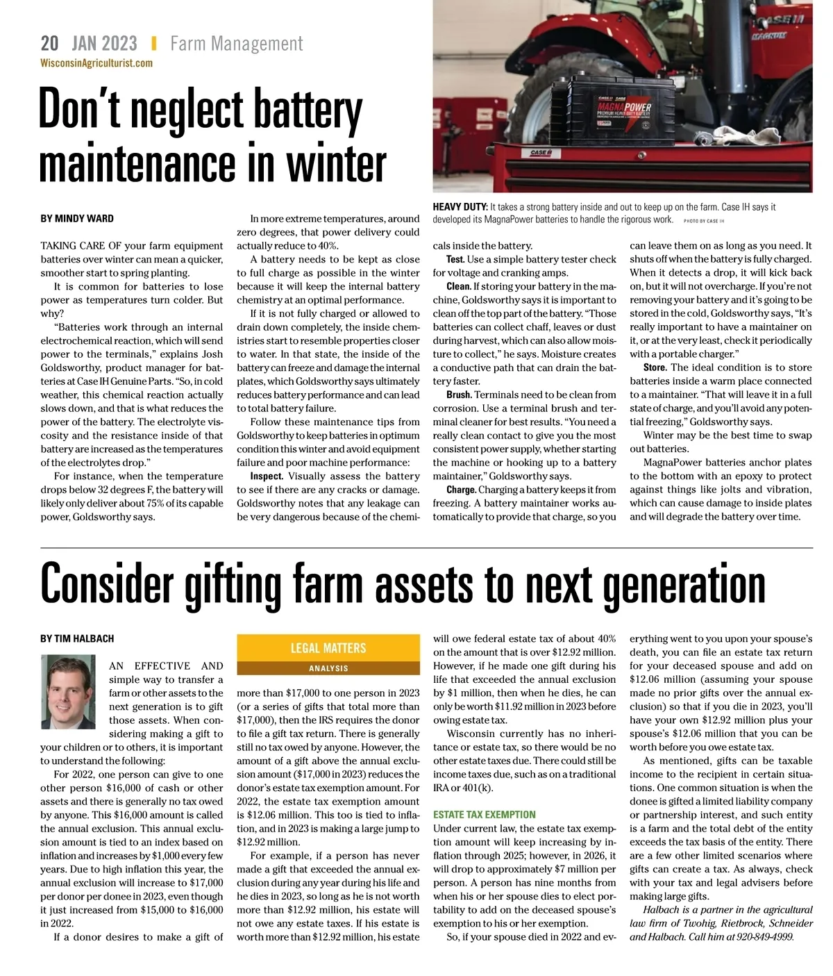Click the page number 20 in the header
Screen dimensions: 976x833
[49, 44]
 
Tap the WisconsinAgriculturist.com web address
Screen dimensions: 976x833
[96, 63]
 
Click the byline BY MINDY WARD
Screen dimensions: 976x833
[77, 218]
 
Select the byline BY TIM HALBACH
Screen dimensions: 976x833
[77, 638]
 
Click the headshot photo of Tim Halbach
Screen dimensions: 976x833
[68, 692]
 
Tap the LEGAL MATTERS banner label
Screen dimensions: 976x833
[328, 648]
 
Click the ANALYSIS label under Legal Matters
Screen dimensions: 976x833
[328, 668]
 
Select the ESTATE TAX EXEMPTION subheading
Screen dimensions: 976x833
[485, 815]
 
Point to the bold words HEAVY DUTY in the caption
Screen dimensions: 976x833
[460, 207]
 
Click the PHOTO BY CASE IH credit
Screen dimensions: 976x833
[704, 221]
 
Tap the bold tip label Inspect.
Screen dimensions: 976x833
[267, 477]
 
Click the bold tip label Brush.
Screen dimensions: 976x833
[459, 395]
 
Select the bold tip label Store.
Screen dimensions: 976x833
[655, 367]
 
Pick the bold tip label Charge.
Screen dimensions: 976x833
[461, 490]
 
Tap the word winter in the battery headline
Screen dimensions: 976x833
[336, 163]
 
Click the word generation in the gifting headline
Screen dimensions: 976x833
[683, 585]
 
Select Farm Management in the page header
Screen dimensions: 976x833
[237, 44]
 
